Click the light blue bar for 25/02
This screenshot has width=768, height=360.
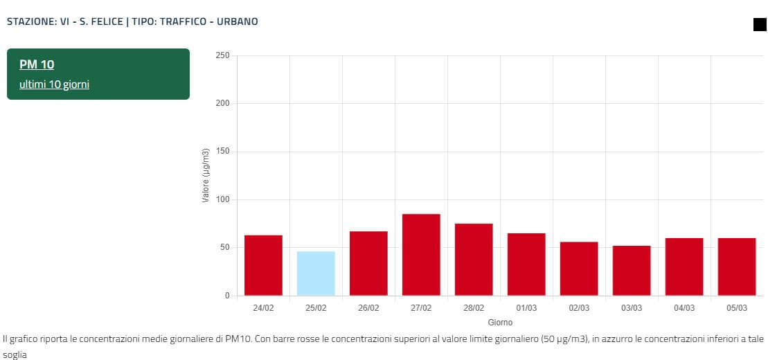click(316, 273)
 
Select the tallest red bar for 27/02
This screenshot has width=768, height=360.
click(421, 255)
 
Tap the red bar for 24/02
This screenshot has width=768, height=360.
click(263, 265)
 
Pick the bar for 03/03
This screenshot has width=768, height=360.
click(632, 271)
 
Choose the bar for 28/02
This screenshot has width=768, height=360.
click(474, 260)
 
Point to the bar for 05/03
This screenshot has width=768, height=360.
click(737, 267)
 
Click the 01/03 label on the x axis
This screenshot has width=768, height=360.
click(526, 308)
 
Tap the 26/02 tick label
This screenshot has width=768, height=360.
click(368, 308)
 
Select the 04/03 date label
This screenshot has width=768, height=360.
click(684, 308)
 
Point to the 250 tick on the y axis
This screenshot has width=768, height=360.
click(222, 55)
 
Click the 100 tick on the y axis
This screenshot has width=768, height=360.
click(222, 200)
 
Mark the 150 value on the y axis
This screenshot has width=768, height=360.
click(222, 152)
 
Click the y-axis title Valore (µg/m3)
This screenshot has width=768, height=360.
click(206, 176)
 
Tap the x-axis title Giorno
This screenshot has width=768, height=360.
click(500, 323)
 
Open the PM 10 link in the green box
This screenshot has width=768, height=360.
click(37, 64)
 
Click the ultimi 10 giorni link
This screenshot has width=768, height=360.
click(54, 84)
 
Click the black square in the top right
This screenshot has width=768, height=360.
click(760, 25)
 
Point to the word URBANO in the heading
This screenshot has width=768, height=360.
click(238, 21)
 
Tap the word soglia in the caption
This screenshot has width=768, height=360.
click(15, 354)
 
